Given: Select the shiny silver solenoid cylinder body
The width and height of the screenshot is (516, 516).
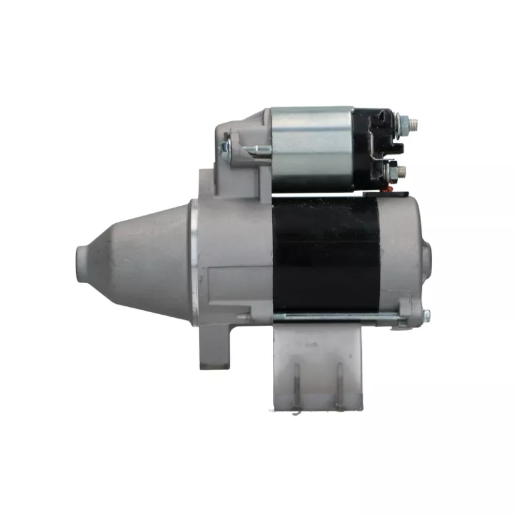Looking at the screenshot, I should [x=312, y=148].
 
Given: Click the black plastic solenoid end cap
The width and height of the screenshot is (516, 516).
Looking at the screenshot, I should [x=374, y=148].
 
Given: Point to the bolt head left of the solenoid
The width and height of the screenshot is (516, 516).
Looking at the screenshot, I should [x=224, y=149].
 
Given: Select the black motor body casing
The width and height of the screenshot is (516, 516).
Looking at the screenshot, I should [x=326, y=255].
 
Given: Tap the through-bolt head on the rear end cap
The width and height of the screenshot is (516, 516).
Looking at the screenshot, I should [x=426, y=315].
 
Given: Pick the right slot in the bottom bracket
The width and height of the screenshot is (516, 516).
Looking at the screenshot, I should [x=337, y=384].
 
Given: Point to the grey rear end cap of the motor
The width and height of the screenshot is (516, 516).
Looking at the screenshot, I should [x=400, y=255].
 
